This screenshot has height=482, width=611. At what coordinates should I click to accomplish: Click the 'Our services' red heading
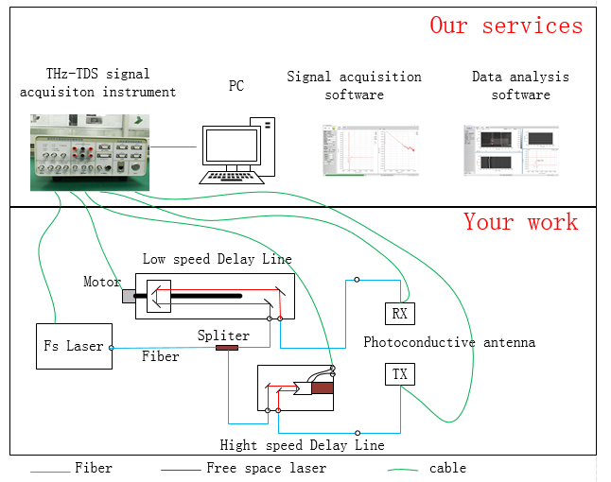coord(506,25)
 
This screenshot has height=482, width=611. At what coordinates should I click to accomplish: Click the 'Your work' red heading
coord(520,222)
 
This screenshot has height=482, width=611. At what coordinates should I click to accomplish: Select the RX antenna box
coord(400,313)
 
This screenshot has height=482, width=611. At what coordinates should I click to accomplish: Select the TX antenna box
coord(400,375)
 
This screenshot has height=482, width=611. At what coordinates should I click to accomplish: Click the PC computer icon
coord(237,151)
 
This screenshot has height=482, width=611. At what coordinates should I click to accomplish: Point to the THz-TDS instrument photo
coord(91,151)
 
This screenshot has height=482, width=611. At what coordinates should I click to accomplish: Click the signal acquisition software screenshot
coord(355,150)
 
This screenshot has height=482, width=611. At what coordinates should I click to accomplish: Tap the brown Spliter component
coord(227,348)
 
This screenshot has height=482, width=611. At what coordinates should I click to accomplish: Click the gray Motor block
coord(128,296)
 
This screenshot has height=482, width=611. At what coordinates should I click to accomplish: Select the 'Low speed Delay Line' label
coord(217,259)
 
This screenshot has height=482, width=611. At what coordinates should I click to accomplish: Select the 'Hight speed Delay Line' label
coord(302,445)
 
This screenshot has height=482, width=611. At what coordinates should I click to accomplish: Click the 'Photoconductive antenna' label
coord(449,342)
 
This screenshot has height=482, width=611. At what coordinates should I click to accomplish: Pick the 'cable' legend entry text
coord(447,468)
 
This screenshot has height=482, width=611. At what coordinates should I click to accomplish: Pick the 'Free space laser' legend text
coord(266,468)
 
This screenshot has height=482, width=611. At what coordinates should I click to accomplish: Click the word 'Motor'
coord(102,282)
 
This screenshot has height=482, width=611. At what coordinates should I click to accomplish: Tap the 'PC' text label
coord(236,86)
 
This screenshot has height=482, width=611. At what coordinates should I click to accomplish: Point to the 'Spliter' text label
coord(223,336)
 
